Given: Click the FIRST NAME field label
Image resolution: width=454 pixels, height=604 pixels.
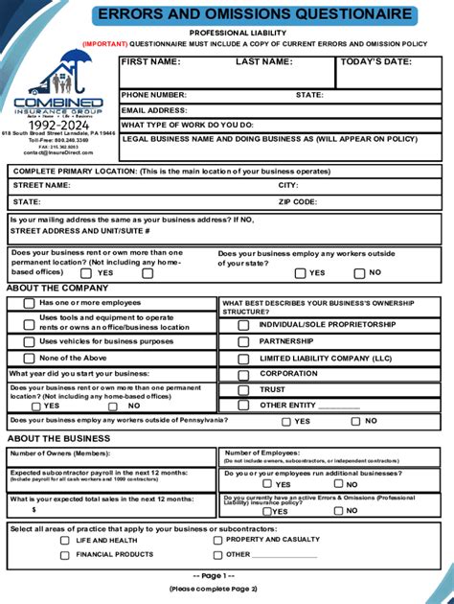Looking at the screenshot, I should (151, 61).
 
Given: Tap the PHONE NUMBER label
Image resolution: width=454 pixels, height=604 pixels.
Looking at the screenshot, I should (154, 95).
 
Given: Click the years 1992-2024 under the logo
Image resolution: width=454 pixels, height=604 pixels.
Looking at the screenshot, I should (57, 125).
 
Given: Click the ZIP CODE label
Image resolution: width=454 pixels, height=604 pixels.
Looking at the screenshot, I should (298, 202).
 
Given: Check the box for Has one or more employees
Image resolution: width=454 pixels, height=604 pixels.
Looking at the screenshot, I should (29, 303).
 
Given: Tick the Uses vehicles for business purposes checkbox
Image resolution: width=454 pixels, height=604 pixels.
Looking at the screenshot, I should (29, 341).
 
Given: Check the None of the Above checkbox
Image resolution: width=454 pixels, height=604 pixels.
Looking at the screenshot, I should (29, 358).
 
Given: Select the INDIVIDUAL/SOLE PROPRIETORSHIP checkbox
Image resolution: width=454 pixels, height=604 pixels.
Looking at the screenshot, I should (243, 325).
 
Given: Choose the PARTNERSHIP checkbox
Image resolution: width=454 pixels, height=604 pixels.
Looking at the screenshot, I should (243, 341).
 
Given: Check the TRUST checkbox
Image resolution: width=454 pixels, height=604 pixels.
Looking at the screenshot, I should (243, 390).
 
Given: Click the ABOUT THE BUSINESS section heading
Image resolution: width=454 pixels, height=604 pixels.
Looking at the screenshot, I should (58, 438).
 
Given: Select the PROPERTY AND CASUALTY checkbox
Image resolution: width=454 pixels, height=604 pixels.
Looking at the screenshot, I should (217, 540).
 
